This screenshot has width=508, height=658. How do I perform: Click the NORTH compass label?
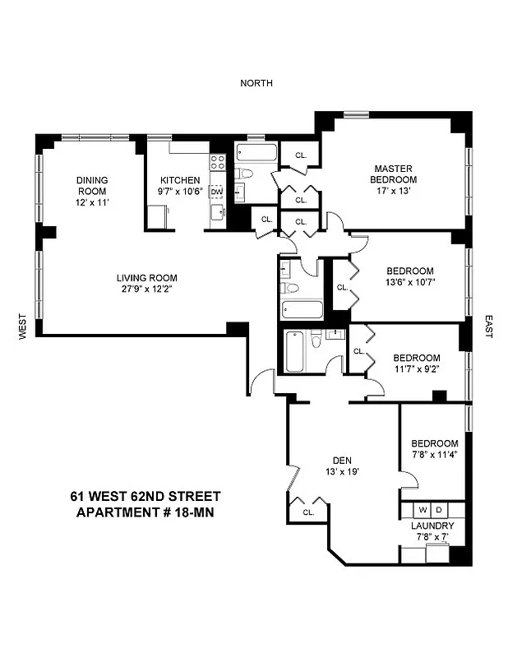256,83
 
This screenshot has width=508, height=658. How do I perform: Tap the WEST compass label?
23,327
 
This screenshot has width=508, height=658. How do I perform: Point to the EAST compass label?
487,327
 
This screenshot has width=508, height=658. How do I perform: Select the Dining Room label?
92,186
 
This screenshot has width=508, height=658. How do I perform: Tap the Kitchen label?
180,180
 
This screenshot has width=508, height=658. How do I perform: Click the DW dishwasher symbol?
217,192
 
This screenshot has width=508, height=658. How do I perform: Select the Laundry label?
432,526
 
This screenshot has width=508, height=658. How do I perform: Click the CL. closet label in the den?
308,512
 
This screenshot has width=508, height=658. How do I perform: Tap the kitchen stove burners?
218,162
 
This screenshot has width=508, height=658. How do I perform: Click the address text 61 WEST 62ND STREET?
145,496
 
